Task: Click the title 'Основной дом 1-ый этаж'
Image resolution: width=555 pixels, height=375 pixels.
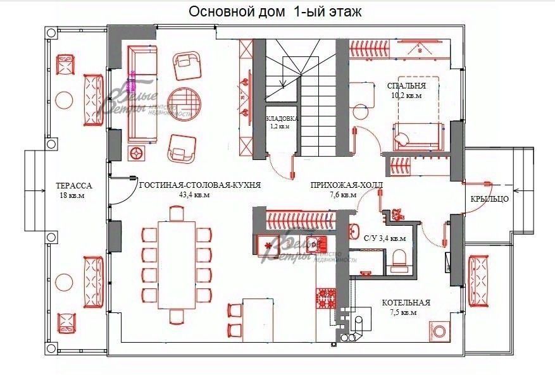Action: (275, 12)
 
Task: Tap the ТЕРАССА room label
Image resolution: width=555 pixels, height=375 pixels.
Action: (75, 186)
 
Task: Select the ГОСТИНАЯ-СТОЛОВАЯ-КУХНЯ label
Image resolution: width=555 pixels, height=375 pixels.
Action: (200, 185)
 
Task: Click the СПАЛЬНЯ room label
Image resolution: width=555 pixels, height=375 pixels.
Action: (406, 85)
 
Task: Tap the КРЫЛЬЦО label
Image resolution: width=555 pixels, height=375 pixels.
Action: (489, 199)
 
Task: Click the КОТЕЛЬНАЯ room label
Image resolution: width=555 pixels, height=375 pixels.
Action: (406, 303)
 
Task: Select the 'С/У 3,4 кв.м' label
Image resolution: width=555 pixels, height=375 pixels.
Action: (385, 239)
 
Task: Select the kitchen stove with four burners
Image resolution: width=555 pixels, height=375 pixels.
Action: (327, 298)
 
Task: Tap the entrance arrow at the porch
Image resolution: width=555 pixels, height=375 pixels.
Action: (518, 188)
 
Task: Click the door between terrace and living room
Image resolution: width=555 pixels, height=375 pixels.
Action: (124, 190)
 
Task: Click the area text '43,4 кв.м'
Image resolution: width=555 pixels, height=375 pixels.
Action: (195, 195)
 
